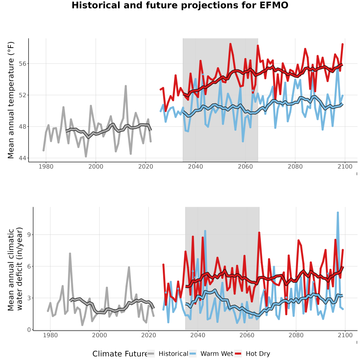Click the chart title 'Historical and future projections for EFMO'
(180, 5)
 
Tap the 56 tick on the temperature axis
(22, 63)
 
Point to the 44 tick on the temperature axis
(22, 158)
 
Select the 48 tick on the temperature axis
(22, 126)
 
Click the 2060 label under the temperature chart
(245, 166)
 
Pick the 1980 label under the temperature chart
(46, 166)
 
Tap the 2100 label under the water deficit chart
(345, 335)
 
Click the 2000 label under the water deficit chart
(100, 335)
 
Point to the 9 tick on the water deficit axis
(29, 235)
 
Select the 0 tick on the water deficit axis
(29, 330)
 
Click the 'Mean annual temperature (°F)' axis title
(11, 100)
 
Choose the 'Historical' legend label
(173, 354)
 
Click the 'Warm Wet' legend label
(217, 354)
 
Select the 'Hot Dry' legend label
(258, 354)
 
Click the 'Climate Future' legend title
(120, 354)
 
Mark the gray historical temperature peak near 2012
(126, 86)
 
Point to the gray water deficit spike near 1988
(70, 254)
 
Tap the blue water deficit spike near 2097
(338, 213)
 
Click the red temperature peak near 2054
(230, 44)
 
